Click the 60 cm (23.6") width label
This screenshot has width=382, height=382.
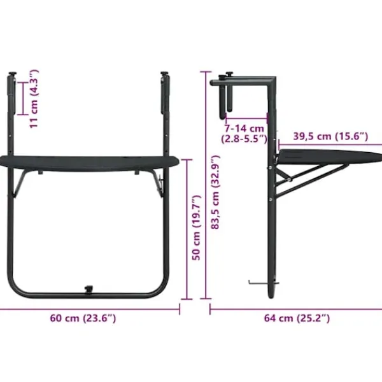(x=83, y=318)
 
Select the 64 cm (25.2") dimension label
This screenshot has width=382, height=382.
(x=297, y=318)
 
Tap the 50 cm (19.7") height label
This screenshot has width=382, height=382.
(x=196, y=227)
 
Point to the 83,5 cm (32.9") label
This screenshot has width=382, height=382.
(x=216, y=192)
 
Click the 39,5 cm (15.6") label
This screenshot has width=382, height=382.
(x=330, y=136)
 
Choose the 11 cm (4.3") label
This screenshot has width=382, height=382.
(x=34, y=99)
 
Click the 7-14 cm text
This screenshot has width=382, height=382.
(x=244, y=129)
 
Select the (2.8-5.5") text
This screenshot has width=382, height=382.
(x=244, y=139)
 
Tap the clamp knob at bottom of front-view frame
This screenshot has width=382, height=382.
(x=88, y=290)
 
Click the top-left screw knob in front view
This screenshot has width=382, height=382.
(x=12, y=74)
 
